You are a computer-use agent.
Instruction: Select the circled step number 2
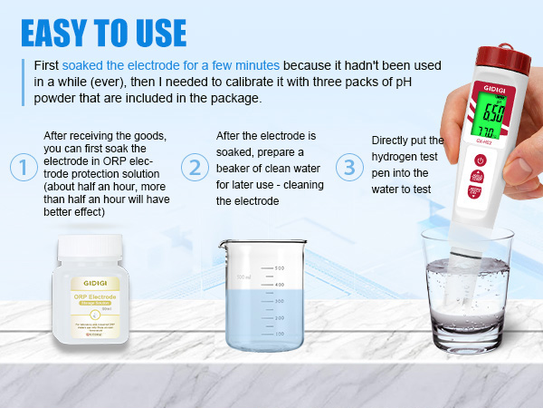pos(194,167)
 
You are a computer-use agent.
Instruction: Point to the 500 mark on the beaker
pos(280,268)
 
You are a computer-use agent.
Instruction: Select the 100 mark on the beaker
pos(280,334)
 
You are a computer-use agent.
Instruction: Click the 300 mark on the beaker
pos(280,301)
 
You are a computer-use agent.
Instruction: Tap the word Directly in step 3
pos(395,141)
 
